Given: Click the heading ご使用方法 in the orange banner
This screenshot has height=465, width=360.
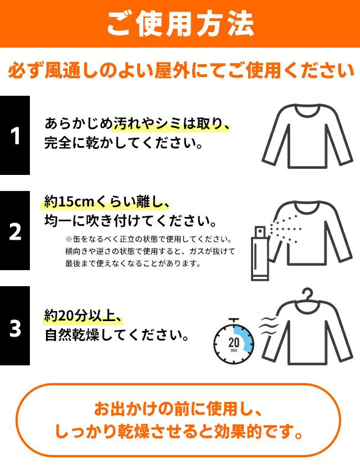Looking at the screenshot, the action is coord(180,24).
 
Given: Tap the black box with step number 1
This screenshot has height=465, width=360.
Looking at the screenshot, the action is coord(15,135).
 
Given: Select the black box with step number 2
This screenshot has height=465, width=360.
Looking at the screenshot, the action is coord(15,230).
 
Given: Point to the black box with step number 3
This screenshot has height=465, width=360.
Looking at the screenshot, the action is coord(15,325).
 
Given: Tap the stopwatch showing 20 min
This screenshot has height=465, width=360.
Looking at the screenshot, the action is coord(234,341).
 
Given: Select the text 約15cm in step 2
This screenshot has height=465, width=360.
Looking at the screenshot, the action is coord(69,201).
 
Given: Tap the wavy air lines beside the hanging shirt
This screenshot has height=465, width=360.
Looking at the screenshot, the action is coord(269,326).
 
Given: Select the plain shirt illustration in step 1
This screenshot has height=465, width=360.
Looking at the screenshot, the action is coord(307,136).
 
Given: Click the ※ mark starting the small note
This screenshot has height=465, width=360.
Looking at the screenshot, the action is coord(69,239).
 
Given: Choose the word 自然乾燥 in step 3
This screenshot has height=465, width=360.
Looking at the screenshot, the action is coord(72,335).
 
